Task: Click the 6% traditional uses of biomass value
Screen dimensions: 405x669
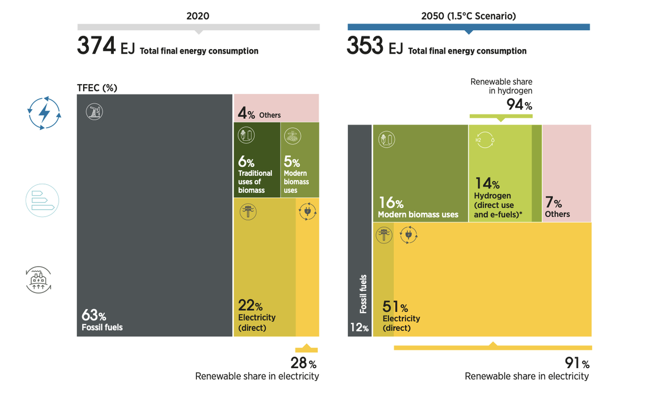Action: point(246,162)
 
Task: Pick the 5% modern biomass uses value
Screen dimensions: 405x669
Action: point(292,162)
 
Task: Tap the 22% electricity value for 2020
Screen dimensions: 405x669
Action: point(250,306)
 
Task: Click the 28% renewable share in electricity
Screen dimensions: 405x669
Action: point(303,363)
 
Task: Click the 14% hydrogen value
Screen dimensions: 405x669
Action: point(487,183)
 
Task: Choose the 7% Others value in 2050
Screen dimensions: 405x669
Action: point(553,203)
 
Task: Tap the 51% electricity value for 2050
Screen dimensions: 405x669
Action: point(395,307)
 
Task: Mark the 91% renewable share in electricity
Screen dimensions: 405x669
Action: point(577,363)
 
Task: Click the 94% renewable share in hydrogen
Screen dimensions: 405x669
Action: point(519,104)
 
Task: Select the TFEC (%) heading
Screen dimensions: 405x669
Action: point(97,88)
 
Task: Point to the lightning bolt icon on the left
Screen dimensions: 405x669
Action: point(44,113)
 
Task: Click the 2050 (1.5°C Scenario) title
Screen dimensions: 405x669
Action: point(468,16)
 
